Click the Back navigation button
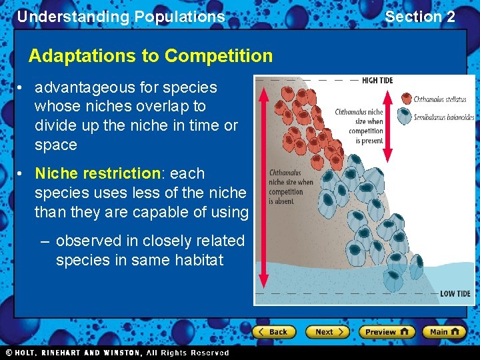coord(274,331)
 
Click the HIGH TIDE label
coord(377,81)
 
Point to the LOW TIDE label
coord(455,293)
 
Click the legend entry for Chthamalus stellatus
coord(439,99)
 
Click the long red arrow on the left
coord(263,187)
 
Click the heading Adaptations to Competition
coord(151,56)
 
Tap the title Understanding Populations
coord(121,17)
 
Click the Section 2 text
coord(420,17)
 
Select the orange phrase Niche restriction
coord(97,173)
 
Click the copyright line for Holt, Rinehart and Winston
coord(117,353)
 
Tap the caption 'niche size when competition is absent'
coord(291,187)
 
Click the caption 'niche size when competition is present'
coord(359,127)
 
